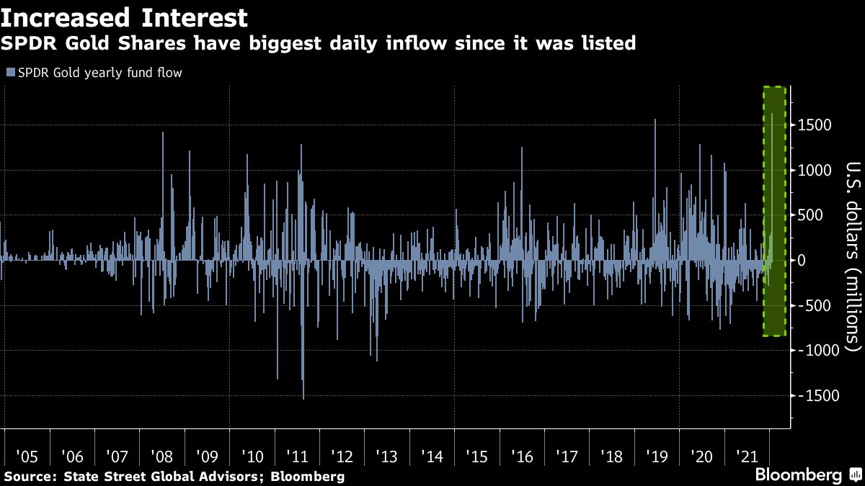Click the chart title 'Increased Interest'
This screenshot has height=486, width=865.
click(x=124, y=17)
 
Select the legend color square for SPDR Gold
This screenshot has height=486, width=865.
click(x=10, y=73)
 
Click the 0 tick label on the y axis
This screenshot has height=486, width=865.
click(x=801, y=260)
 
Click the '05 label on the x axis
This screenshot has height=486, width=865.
click(x=26, y=456)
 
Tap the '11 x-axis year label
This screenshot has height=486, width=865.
click(x=296, y=456)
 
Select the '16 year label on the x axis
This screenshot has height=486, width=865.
click(x=521, y=456)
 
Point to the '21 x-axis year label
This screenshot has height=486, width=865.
click(x=746, y=456)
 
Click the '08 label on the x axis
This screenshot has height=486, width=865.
click(x=161, y=456)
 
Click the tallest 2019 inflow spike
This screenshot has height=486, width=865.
click(x=655, y=121)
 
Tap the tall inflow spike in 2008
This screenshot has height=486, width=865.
click(x=163, y=134)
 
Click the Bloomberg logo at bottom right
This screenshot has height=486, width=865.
click(x=799, y=475)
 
